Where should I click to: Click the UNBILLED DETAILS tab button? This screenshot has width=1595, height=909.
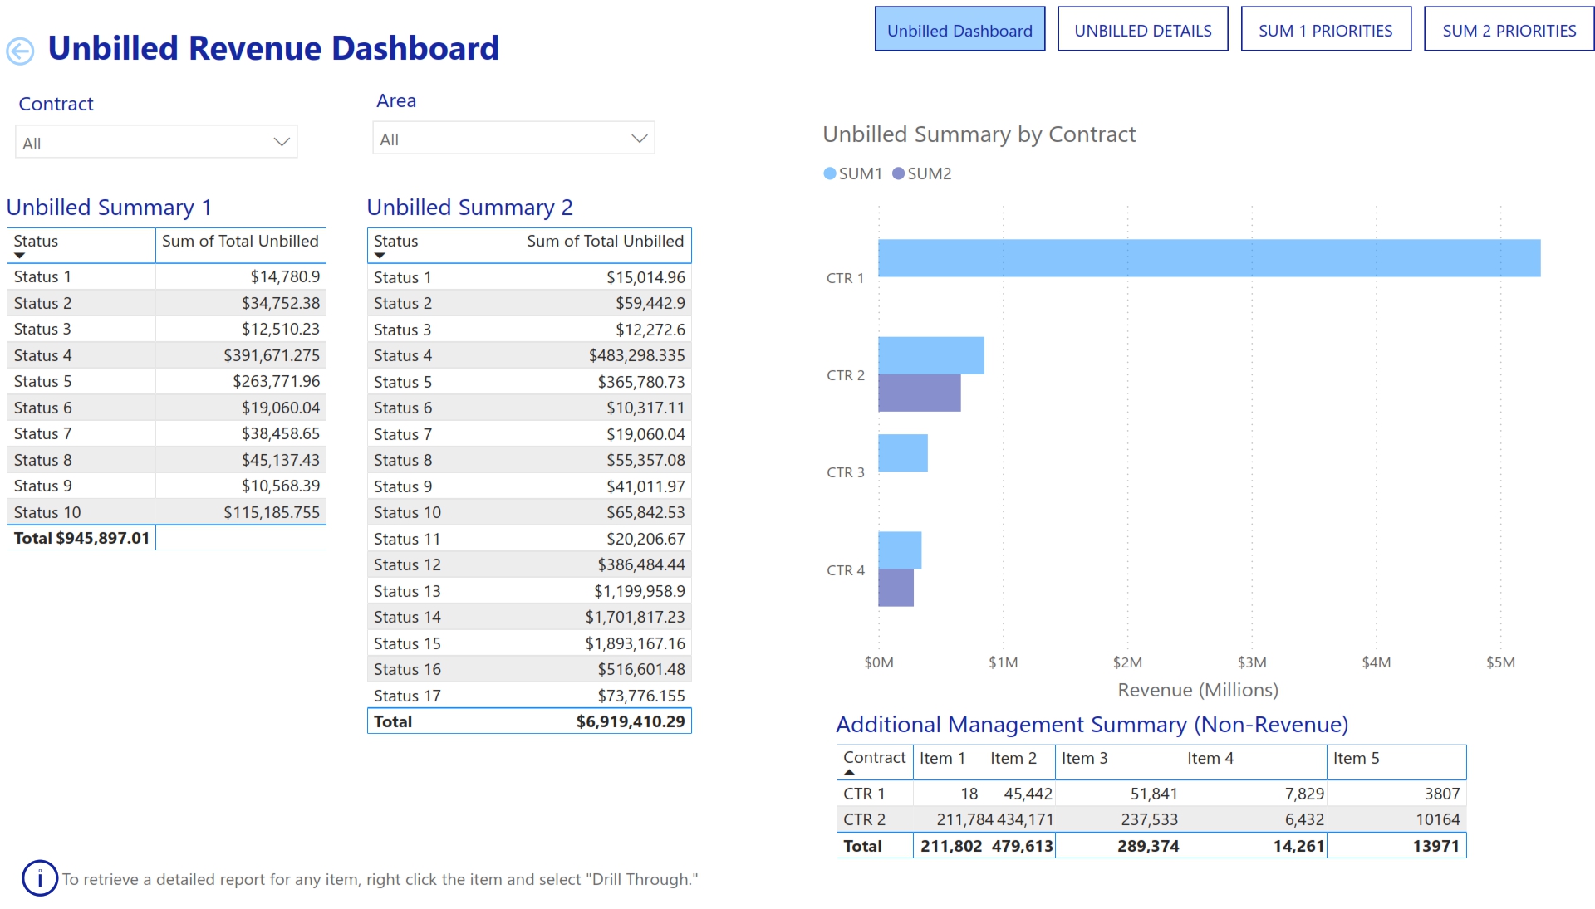pos(1142,31)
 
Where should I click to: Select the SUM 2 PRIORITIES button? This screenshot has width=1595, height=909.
pos(1509,31)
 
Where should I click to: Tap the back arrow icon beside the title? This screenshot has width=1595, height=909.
pos(20,51)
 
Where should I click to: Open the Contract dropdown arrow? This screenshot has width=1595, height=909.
pos(282,142)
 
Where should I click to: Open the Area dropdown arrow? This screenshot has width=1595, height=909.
pos(639,139)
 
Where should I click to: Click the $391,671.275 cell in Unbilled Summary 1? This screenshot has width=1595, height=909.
pos(271,355)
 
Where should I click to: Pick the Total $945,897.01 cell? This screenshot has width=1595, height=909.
pos(81,538)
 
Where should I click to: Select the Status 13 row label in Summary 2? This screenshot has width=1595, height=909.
pos(407,591)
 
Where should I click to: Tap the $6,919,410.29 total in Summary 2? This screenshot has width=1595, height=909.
pos(630,721)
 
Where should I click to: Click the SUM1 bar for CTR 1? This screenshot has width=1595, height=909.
pos(1209,258)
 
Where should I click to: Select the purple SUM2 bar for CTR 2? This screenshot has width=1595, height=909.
pos(919,393)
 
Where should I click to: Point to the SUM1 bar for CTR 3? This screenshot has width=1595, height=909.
pos(902,453)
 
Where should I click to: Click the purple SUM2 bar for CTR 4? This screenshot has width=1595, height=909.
pos(896,588)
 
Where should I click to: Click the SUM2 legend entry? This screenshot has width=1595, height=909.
pos(922,173)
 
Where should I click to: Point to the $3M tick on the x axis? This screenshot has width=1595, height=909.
pos(1251,662)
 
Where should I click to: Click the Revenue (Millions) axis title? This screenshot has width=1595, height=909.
pos(1197,690)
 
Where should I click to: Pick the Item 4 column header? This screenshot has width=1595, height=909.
pos(1210,758)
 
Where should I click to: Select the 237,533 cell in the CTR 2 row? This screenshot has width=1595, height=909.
pos(1149,819)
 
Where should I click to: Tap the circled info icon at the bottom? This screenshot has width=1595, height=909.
pos(40,878)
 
